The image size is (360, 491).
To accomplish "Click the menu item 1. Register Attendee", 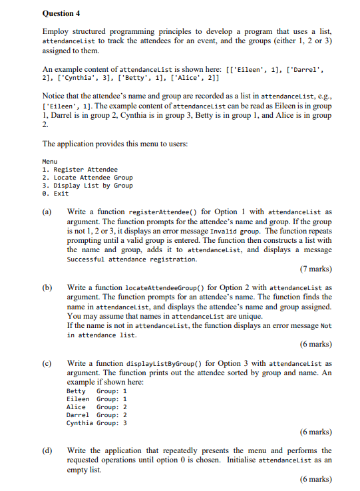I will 79,170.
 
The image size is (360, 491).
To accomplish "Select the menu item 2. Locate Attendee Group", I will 87,178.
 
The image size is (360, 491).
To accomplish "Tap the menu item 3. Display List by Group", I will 87,186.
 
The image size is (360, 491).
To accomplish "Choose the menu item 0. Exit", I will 55,194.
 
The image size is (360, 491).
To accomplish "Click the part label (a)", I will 47,212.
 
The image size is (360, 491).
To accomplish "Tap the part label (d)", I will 47,450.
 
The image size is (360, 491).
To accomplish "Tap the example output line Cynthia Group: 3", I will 97,422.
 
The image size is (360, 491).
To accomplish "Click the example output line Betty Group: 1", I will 97,391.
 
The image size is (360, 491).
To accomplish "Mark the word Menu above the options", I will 50,162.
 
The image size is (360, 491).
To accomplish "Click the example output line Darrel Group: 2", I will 97,414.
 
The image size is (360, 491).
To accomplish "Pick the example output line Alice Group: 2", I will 97,407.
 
